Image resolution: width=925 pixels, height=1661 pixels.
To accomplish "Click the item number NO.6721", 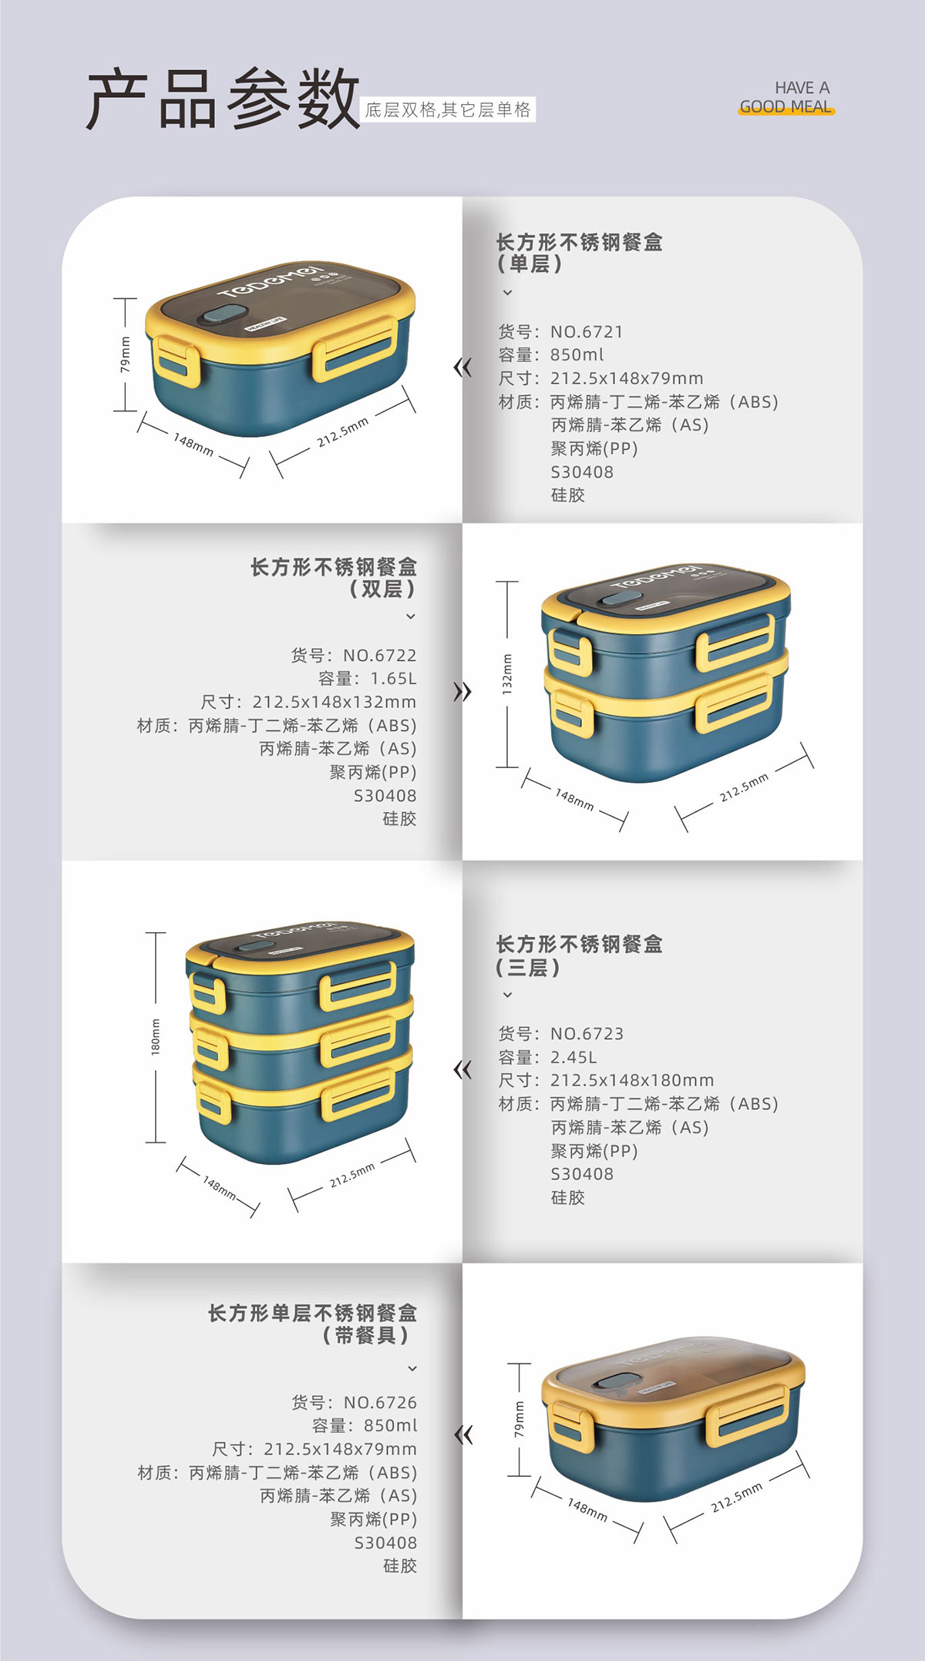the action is pyautogui.click(x=586, y=332).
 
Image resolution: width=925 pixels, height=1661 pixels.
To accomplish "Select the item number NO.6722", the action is pyautogui.click(x=379, y=656).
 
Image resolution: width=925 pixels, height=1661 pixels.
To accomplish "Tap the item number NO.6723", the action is pyautogui.click(x=587, y=1034).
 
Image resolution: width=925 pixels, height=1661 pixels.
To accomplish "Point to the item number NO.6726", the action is pyautogui.click(x=380, y=1402).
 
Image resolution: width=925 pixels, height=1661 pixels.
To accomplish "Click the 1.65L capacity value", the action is pyautogui.click(x=393, y=679).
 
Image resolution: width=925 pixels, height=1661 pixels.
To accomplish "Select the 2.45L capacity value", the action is pyautogui.click(x=573, y=1057).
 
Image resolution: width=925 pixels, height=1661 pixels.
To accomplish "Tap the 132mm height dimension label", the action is pyautogui.click(x=507, y=674).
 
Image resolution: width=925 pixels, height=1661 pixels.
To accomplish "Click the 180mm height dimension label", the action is pyautogui.click(x=156, y=1037).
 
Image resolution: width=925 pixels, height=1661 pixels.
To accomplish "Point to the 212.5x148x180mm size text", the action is pyautogui.click(x=632, y=1080).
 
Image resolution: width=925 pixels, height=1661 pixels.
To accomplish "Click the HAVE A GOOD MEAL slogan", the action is pyautogui.click(x=786, y=98).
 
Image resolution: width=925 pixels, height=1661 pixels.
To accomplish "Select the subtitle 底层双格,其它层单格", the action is pyautogui.click(x=448, y=109).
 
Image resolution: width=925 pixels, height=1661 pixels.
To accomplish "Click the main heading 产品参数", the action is pyautogui.click(x=223, y=99).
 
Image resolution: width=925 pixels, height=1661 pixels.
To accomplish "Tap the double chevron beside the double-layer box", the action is pyautogui.click(x=462, y=692).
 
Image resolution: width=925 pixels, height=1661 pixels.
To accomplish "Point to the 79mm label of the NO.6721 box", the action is pyautogui.click(x=125, y=354).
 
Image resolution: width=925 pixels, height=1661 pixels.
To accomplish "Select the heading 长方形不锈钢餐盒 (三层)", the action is pyautogui.click(x=579, y=955).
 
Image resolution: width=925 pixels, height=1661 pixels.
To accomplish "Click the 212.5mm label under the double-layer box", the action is pyautogui.click(x=744, y=787).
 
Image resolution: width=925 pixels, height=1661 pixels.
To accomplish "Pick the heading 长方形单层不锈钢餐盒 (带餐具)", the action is pyautogui.click(x=312, y=1324).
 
